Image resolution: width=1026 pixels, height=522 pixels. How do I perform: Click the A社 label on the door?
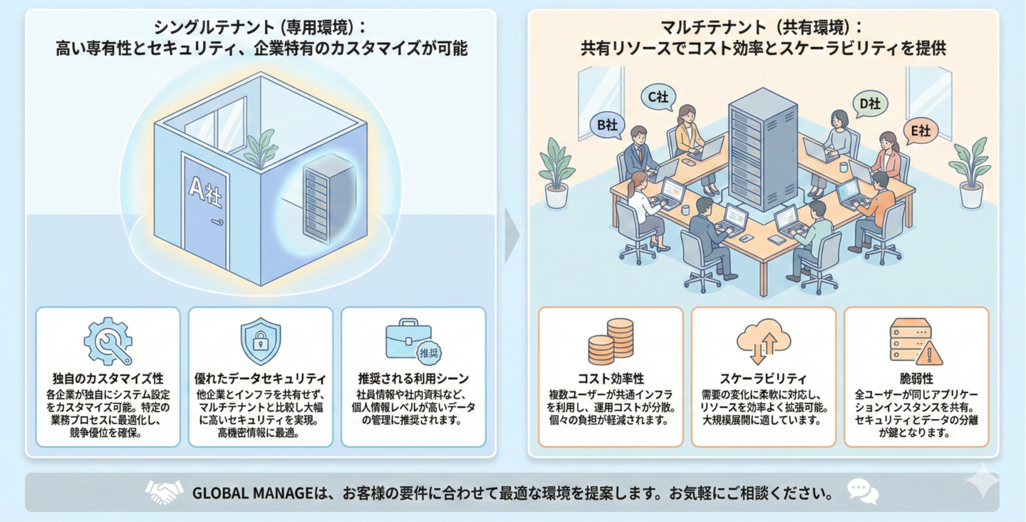(204, 190)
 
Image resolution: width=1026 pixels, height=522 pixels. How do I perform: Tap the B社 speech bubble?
(607, 125)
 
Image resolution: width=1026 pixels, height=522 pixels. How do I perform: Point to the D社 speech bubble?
(869, 105)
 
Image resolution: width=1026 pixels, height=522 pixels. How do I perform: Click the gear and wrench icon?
(108, 341)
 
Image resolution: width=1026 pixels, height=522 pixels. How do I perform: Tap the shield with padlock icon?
(260, 341)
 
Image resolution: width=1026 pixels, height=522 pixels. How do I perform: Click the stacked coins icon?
(611, 340)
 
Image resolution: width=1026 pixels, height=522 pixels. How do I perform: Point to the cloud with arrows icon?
(763, 341)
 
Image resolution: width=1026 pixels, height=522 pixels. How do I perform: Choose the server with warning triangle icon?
(916, 341)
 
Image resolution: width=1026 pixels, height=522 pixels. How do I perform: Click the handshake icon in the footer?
(165, 491)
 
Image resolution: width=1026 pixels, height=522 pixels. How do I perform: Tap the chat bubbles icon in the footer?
(862, 491)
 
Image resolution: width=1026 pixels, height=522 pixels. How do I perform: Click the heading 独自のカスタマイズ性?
(108, 379)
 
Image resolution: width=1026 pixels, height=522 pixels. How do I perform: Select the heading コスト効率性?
(611, 379)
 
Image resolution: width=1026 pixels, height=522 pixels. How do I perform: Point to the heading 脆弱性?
(916, 379)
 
